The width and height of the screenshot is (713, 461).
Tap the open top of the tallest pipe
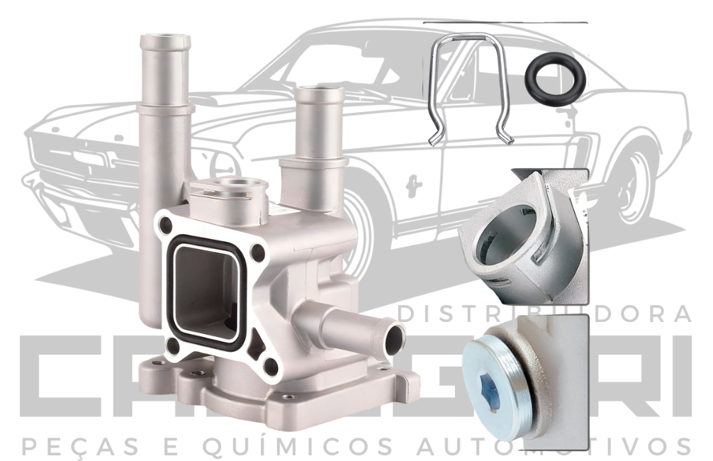(x=165, y=40)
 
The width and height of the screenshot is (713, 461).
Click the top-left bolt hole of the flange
(x=166, y=226)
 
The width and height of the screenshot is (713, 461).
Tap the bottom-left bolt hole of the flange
(x=172, y=348)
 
